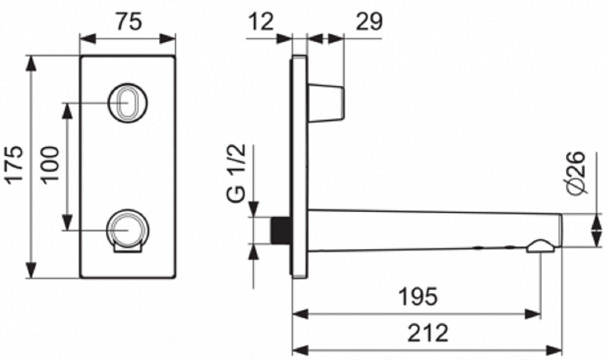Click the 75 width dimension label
coord(129,21)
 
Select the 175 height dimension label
coord(16,164)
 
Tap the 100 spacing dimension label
coord(50,164)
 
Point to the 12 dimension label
coord(262,21)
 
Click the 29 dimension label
coord(369,21)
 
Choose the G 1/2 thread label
coord(237,172)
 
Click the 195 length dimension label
coord(418,296)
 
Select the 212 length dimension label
coord(428,332)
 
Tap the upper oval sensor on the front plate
coord(127,102)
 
